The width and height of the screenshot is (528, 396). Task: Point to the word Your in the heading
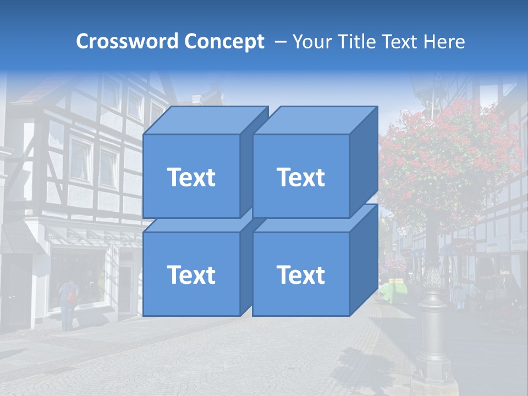(313, 41)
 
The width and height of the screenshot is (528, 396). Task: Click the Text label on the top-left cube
(191, 177)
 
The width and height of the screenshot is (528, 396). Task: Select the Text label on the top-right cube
(301, 177)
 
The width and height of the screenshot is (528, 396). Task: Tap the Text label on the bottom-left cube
(191, 274)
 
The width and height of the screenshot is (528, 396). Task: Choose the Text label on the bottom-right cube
(301, 274)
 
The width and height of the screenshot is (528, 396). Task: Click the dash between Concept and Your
(279, 41)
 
